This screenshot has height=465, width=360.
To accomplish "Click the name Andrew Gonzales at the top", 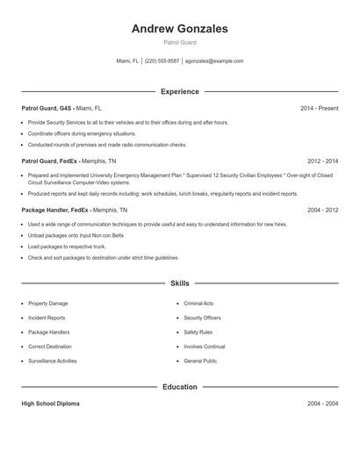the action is point(179,29).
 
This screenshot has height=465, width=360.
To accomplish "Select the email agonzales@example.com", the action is point(214,61).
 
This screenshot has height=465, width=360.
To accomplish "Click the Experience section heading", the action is point(179,91).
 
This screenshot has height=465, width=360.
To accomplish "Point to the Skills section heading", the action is point(179,283).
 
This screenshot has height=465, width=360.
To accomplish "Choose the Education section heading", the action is point(179,386).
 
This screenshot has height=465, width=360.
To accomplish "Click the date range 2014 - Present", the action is point(319,108).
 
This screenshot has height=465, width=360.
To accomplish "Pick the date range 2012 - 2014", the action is point(322,161).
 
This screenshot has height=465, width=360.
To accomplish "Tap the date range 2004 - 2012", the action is point(322,211).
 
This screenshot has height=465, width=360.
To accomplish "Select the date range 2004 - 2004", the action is point(322,404).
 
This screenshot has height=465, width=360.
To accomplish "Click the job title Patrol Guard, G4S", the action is point(47,108).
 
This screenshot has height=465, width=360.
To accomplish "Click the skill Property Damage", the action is point(48,304).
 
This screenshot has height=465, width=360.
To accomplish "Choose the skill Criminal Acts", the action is point(198,304).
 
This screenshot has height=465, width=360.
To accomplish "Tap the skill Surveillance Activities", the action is point(53,361).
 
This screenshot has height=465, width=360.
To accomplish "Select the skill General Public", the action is point(200,361).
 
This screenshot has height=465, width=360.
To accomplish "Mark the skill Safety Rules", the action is point(198,333).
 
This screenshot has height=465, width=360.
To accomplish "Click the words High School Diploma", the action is point(50,404).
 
